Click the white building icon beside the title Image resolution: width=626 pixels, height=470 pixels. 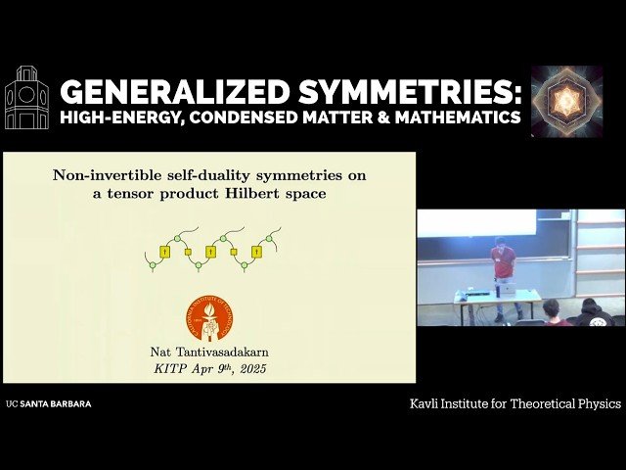[26, 98]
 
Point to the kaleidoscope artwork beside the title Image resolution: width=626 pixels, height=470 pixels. [566, 102]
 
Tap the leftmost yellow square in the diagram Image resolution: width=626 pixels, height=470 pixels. [165, 252]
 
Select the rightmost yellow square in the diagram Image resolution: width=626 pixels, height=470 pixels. [256, 252]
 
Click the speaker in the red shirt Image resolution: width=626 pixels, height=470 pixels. [503, 274]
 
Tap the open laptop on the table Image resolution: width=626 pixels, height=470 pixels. [507, 287]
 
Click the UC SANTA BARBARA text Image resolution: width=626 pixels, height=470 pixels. [48, 403]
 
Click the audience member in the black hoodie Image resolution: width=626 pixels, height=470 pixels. [592, 314]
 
